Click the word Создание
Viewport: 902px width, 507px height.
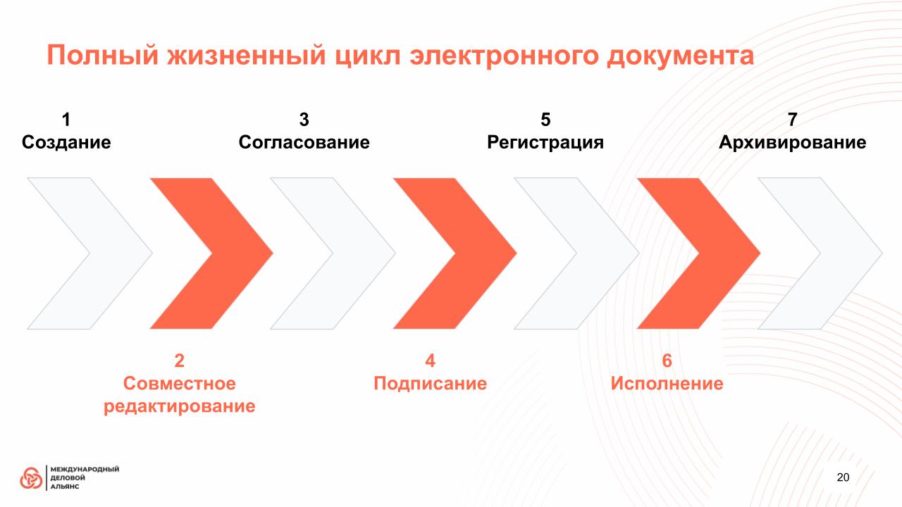click(66, 142)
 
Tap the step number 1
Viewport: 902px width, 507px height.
click(66, 120)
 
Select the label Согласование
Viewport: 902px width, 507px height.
click(304, 142)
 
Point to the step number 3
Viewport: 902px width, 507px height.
click(304, 120)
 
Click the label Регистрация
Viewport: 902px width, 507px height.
click(545, 143)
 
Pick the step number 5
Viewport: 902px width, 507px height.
click(545, 120)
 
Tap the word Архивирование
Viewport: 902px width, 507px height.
click(793, 143)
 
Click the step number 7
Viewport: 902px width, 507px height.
click(793, 120)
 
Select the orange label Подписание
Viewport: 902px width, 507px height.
click(430, 384)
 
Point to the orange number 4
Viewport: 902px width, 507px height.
click(430, 361)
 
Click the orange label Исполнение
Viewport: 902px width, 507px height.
click(667, 384)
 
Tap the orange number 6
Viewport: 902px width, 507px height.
click(667, 361)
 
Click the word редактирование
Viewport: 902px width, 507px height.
click(180, 406)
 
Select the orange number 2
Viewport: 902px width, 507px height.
click(179, 361)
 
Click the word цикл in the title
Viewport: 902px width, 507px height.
click(368, 56)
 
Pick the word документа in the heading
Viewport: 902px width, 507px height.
click(680, 56)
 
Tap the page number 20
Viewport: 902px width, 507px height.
click(843, 477)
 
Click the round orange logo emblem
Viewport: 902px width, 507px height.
click(31, 478)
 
